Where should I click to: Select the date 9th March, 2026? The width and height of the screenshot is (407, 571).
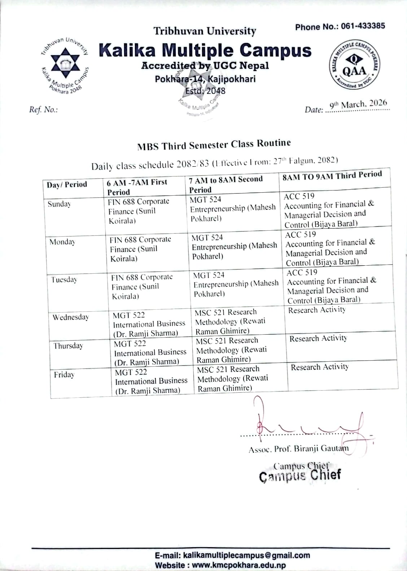point(359,105)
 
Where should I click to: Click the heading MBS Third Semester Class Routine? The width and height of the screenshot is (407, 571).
point(214,145)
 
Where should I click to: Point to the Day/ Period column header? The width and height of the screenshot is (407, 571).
point(67,184)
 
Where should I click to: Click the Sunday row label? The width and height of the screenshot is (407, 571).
point(60,204)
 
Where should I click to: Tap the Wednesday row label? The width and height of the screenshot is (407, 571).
point(71,317)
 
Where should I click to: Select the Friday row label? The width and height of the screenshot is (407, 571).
point(64,375)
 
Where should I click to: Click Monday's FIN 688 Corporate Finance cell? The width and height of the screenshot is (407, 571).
point(140,249)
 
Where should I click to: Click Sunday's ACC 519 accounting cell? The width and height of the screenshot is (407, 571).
point(329,210)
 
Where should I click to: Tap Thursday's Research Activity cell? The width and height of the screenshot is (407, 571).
point(318,339)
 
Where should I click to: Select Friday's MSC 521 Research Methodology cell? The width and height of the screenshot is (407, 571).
point(233,379)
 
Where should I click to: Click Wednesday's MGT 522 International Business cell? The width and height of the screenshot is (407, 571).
point(148,324)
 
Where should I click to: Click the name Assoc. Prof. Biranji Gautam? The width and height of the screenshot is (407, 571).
point(298,449)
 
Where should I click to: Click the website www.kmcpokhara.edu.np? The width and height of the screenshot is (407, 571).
point(239,565)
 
